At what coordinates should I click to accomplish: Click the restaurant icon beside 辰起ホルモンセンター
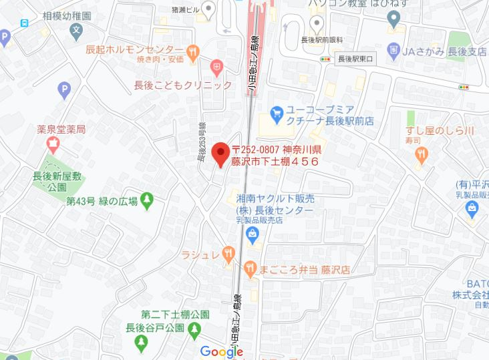[192, 50]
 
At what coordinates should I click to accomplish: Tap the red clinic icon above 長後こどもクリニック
[216, 66]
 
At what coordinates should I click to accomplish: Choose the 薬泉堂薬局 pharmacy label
[66, 128]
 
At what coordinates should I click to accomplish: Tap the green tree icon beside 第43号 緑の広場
[147, 199]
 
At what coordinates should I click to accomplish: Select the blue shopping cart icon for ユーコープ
[277, 112]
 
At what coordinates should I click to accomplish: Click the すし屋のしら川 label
[439, 130]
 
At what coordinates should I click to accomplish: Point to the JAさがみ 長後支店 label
[444, 51]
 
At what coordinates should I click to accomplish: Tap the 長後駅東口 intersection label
[356, 59]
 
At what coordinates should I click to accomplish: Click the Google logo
[221, 351]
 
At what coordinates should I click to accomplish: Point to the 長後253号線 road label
[201, 144]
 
